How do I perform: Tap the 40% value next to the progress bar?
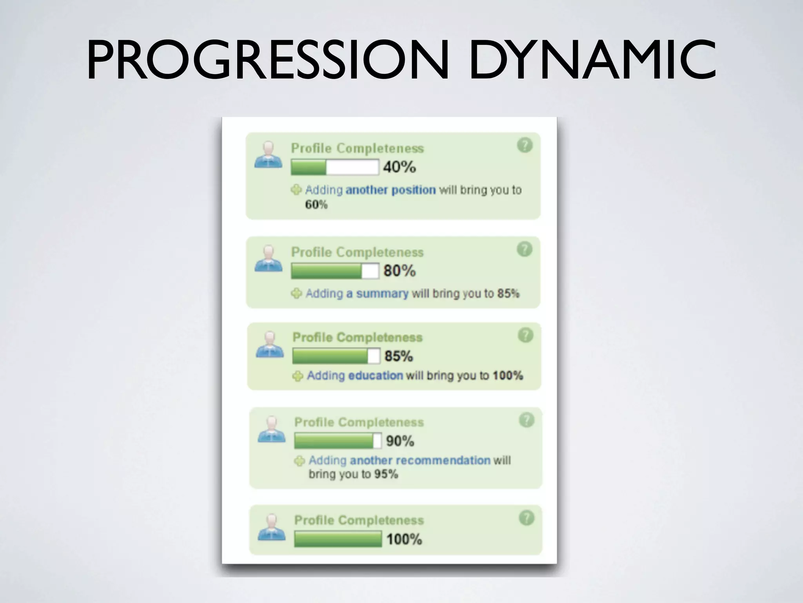(x=399, y=167)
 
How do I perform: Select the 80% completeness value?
(x=399, y=270)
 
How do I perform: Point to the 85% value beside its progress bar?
(x=398, y=356)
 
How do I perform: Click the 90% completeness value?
(x=400, y=441)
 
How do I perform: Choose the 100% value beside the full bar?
(x=404, y=539)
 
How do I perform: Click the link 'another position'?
(x=391, y=190)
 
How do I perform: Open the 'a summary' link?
(x=377, y=294)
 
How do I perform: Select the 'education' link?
(x=376, y=376)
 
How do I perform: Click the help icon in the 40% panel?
(x=525, y=145)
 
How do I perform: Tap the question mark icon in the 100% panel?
(x=526, y=518)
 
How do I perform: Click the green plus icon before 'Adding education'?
(x=298, y=376)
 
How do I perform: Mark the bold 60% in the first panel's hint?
(x=316, y=205)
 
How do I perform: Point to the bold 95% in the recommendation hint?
(x=386, y=474)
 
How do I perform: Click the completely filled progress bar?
(x=338, y=539)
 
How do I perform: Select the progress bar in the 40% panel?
(x=334, y=167)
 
